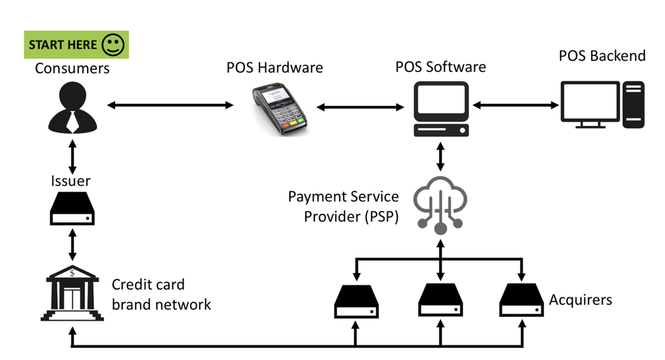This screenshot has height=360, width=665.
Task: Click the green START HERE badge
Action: pos(76,45)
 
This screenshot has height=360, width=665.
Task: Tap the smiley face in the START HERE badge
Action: pos(113,45)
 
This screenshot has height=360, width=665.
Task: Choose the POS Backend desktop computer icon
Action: pos(602,104)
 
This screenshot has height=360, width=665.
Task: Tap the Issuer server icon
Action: pos(72,209)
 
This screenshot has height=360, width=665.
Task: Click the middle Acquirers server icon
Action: pos(440,300)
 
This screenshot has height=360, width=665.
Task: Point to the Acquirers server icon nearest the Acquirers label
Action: pos(523,300)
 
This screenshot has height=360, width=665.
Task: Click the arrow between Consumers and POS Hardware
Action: pos(171,105)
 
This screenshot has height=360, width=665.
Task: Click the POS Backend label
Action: pos(601,56)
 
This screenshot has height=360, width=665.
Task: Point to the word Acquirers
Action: pos(580,300)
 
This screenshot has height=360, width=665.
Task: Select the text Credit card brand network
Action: pos(161,295)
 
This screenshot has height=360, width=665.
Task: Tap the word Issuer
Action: pos(70,180)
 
